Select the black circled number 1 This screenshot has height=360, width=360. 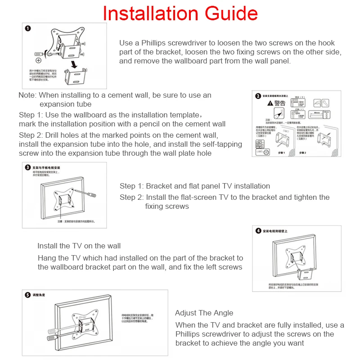click(28, 28)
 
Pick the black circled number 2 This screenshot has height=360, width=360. click(258, 96)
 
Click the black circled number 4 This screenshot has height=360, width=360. click(258, 231)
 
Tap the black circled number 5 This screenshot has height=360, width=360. click(27, 295)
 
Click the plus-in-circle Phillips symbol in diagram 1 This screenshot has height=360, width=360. click(38, 60)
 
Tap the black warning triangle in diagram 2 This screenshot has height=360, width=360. click(270, 103)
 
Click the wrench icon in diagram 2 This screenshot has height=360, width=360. click(317, 103)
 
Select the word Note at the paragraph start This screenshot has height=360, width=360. click(27, 95)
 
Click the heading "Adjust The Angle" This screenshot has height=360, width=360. click(204, 313)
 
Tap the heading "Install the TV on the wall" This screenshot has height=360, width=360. click(79, 246)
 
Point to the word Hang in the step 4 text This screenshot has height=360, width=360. click(46, 258)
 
